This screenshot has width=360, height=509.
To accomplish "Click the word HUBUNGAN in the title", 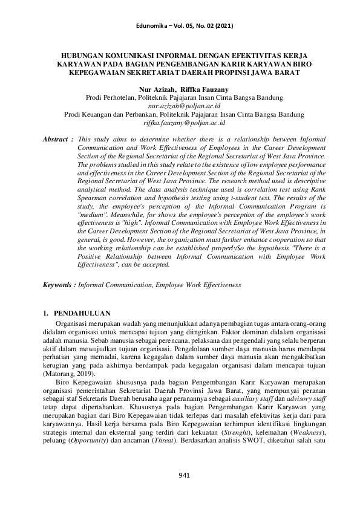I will coord(83,54).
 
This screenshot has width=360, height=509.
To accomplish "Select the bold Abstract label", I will coord(56,138).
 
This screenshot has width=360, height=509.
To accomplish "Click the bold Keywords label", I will coord(59,284).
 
